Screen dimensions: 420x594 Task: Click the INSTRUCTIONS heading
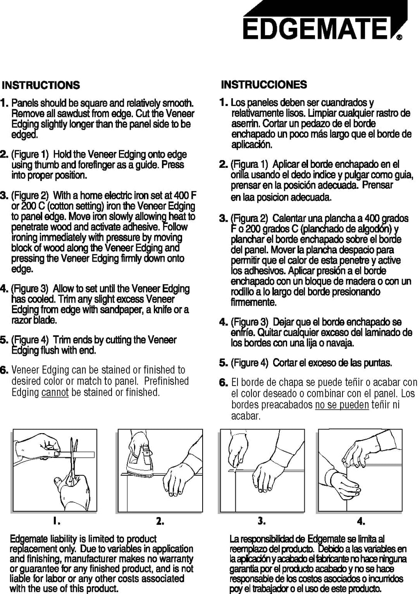tap(41, 86)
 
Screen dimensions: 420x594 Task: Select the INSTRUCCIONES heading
tap(264, 85)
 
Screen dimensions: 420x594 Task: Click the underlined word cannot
tap(55, 392)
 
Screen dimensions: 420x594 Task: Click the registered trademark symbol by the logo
tap(399, 38)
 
